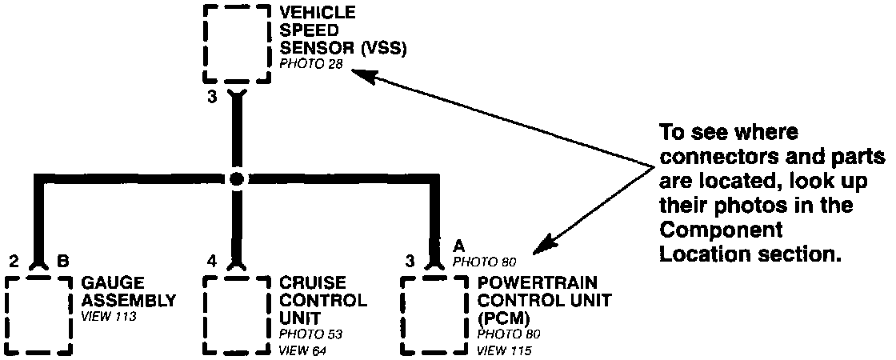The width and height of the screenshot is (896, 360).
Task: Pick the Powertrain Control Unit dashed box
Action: point(434,315)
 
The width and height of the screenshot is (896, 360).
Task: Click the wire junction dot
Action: point(236,179)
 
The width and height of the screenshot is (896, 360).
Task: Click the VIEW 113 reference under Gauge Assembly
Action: point(110,317)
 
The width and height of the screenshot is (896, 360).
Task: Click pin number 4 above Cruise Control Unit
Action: point(212,261)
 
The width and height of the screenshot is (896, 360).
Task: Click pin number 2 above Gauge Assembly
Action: point(14,261)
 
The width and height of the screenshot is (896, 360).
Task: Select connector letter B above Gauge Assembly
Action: point(62,261)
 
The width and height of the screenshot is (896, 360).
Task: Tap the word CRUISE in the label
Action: point(313,284)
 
